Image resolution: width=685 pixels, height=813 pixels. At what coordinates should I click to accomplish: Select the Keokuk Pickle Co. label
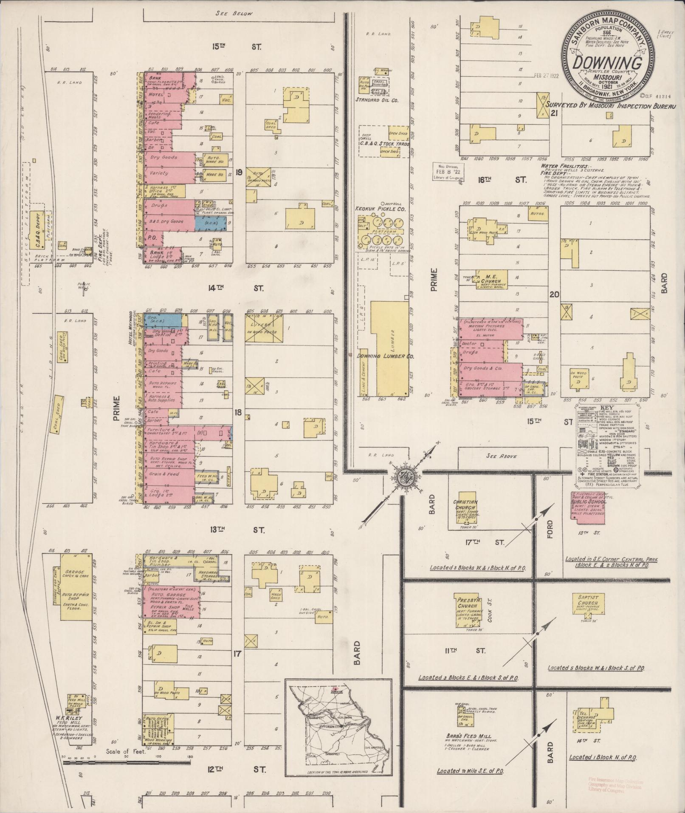pyautogui.click(x=381, y=210)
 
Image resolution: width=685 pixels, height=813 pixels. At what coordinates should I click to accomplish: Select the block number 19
pyautogui.click(x=239, y=172)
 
